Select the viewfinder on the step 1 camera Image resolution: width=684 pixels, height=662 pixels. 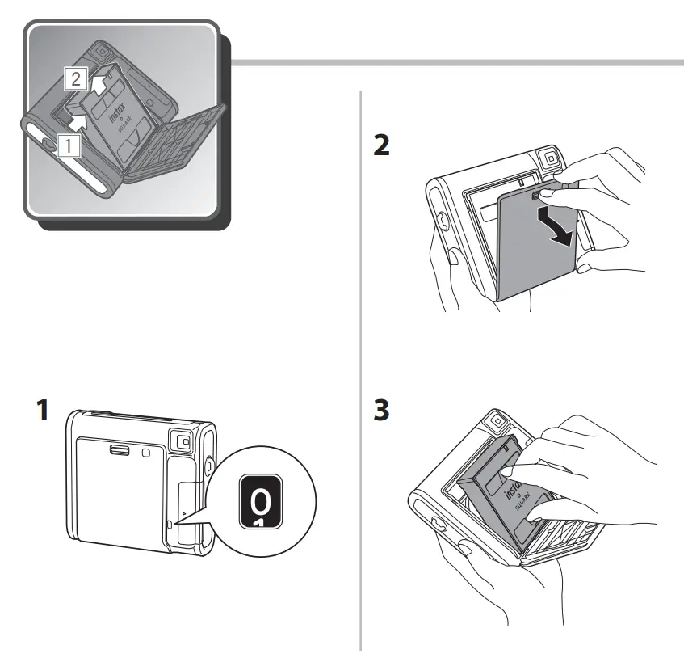(x=180, y=441)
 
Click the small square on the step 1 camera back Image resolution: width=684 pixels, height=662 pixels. (x=145, y=453)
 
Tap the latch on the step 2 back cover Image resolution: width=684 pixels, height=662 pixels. (x=535, y=195)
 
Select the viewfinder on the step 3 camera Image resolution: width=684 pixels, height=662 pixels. (x=494, y=421)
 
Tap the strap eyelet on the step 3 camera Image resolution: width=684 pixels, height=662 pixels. (x=439, y=524)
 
